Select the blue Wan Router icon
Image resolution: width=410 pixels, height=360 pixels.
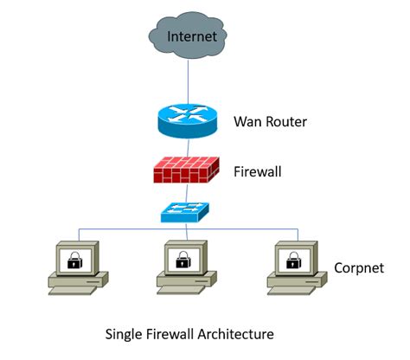click(x=184, y=119)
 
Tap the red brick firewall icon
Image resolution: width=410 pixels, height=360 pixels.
click(x=184, y=170)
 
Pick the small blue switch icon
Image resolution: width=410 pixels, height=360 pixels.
click(x=184, y=211)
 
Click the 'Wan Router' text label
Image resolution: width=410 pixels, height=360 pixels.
click(x=271, y=120)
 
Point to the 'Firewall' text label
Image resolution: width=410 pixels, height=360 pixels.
click(x=258, y=171)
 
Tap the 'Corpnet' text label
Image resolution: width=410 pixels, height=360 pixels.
click(x=357, y=267)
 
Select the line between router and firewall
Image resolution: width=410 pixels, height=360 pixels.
click(x=184, y=145)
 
